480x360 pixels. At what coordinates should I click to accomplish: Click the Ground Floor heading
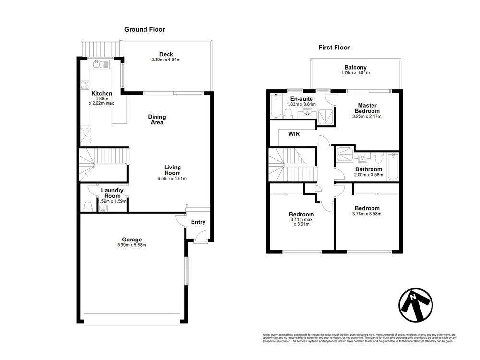(x=144, y=30)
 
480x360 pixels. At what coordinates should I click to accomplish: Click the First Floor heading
(x=334, y=48)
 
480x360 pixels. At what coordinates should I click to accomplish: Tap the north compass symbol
(x=416, y=304)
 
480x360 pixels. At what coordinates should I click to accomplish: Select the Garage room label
(x=132, y=240)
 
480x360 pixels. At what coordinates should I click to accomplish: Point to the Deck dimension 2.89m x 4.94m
(x=166, y=60)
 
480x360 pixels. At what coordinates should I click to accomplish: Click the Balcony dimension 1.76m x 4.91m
(x=355, y=73)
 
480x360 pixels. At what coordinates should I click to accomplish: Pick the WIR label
(x=294, y=134)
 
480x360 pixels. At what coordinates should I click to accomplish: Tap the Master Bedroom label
(x=367, y=108)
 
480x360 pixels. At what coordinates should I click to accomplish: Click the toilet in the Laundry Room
(x=87, y=205)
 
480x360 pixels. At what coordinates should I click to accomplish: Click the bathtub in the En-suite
(x=276, y=106)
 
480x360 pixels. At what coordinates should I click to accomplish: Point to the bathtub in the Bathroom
(x=393, y=167)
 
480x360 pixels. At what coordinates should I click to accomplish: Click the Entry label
(x=198, y=222)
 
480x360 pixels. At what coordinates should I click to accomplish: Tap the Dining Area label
(x=156, y=120)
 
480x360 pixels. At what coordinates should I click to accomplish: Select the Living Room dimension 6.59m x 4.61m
(x=172, y=179)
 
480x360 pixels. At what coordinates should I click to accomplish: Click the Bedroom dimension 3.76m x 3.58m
(x=367, y=214)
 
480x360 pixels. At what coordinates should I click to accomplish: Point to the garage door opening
(x=132, y=317)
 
